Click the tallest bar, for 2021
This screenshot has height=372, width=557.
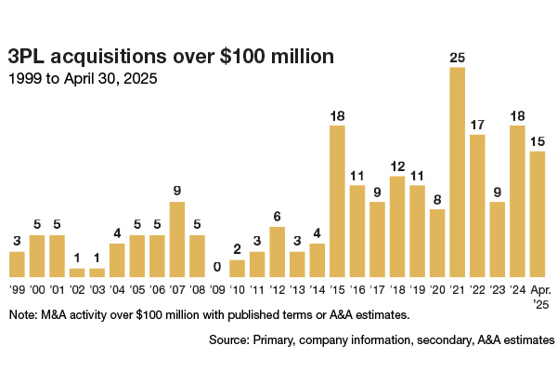[x=457, y=172]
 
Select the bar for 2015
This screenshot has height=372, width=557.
[x=337, y=201]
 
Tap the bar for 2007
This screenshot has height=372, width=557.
[x=177, y=239]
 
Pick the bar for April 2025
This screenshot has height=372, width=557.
[x=537, y=214]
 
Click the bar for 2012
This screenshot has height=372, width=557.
[x=277, y=252]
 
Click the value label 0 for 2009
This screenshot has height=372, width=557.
[x=217, y=267]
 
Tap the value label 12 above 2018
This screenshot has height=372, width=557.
[x=397, y=167]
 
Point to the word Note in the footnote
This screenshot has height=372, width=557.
[x=22, y=316]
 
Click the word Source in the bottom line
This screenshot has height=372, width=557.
[x=228, y=342]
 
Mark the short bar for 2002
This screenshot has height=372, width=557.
[x=77, y=272]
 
